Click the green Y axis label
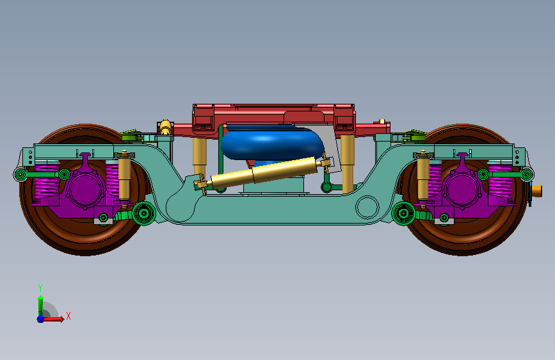(x=40, y=288)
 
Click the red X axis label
(x=68, y=316)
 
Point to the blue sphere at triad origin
(x=41, y=319)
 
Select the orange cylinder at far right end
(x=537, y=191)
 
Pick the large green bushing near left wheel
(x=143, y=213)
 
